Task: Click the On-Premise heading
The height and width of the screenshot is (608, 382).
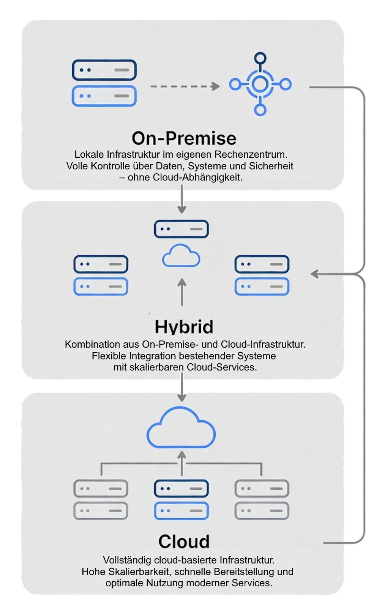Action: (184, 138)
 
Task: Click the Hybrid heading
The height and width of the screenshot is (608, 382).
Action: (184, 327)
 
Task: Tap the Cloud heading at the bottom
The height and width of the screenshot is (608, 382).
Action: (184, 541)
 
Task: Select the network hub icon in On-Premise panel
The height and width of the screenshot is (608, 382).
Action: (260, 84)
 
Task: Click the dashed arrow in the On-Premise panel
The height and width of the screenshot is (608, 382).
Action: (185, 87)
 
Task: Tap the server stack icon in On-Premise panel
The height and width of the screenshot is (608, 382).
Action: (104, 83)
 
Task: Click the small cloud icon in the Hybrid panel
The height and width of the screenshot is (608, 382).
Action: (181, 256)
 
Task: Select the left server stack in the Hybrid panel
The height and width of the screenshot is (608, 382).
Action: (101, 275)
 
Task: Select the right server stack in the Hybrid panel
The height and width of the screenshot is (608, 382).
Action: (262, 275)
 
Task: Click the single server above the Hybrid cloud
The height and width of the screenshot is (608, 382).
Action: (181, 229)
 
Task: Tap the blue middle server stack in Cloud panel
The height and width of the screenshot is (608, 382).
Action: (181, 500)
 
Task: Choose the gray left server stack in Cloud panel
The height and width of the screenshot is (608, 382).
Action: (101, 500)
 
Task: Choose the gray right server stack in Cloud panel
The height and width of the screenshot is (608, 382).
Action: (262, 500)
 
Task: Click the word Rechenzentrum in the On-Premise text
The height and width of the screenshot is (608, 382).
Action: (251, 155)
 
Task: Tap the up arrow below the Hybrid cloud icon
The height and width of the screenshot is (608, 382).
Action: (182, 292)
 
